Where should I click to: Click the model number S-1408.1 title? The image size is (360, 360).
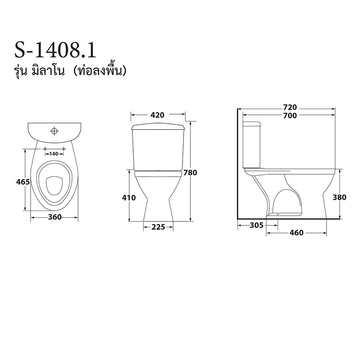tap(55, 51)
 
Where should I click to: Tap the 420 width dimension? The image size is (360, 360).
tap(157, 115)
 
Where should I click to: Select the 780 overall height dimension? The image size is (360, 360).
tap(190, 172)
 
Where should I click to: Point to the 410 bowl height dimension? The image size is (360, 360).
tap(129, 198)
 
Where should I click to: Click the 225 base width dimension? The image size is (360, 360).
tap(158, 227)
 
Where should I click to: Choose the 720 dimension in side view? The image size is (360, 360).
tap(290, 107)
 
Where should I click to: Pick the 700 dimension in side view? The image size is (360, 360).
tap(290, 116)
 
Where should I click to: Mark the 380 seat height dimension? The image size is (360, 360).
tap(339, 197)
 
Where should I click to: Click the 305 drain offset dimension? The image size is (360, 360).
tap(256, 225)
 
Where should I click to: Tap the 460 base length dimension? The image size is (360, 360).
tap(297, 233)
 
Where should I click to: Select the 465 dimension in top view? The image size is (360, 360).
tap(23, 182)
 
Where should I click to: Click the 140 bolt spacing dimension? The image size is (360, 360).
tap(54, 154)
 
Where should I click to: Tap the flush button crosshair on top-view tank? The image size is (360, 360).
tap(54, 131)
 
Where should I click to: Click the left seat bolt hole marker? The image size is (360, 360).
tap(45, 149)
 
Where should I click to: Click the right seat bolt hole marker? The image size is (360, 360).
tap(63, 149)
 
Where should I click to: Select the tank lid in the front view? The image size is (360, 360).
tap(158, 127)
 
